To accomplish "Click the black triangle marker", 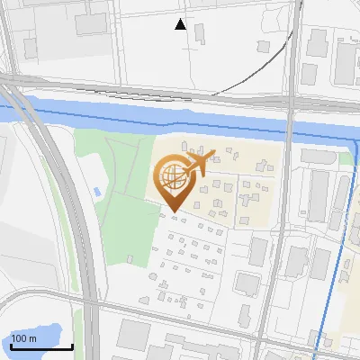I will point(181,25).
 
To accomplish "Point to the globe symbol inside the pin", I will point(171,175).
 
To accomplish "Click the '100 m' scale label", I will point(23,338).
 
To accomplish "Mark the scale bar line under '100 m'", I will point(41,346).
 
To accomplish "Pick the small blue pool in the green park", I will point(96,192).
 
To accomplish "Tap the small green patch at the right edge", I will point(346,158).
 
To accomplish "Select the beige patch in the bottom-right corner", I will point(346,342).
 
